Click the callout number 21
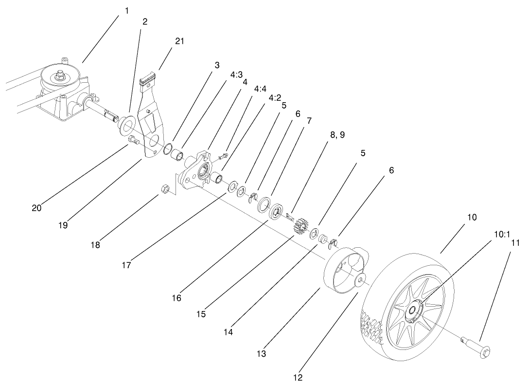[179, 41]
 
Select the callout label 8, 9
[337, 135]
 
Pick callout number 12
[297, 376]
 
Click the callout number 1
[127, 11]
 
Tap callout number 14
[228, 332]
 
